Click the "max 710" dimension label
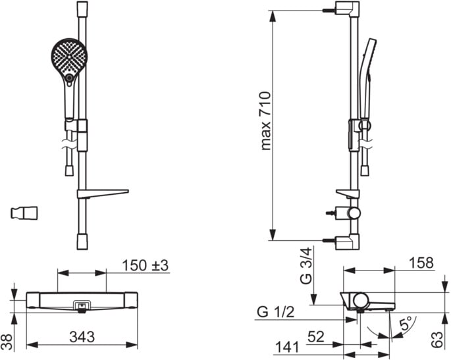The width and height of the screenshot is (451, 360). point(265,120)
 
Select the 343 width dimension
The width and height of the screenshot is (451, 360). point(82,336)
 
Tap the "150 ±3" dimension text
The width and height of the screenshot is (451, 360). point(146,265)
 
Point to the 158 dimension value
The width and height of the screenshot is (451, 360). point(421,263)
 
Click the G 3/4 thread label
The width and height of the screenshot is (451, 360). point(305,266)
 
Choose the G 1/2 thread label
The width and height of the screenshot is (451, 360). point(276,312)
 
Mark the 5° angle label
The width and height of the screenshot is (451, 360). point(408,323)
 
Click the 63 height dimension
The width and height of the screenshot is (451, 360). point(437,340)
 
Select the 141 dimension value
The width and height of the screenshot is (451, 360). point(287,347)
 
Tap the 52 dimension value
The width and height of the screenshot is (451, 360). point(316,336)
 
